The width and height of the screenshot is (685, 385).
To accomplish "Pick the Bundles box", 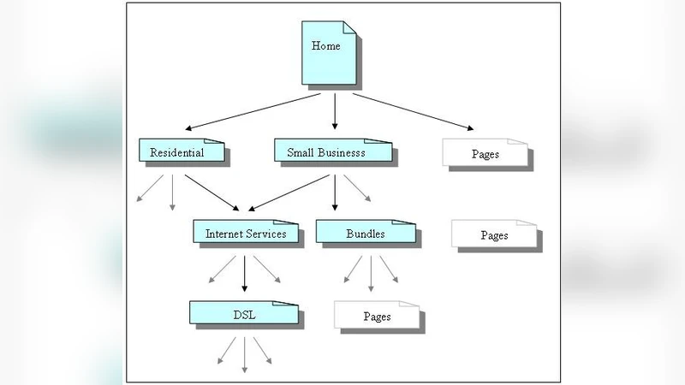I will click(365, 232).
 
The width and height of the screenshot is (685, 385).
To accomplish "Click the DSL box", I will click(244, 313).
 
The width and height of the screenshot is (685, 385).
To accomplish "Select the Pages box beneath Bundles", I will click(377, 316).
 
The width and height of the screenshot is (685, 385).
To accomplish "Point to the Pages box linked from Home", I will click(485, 153).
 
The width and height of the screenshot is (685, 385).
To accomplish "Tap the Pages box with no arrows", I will click(494, 234).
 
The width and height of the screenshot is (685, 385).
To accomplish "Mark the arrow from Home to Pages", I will click(411, 111).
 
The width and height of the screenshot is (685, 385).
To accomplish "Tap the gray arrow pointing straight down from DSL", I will click(244, 353).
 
